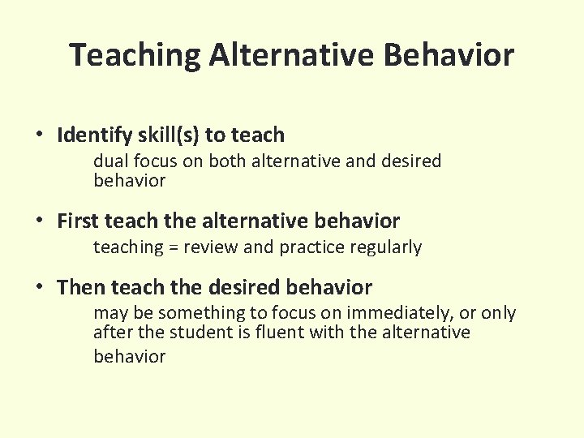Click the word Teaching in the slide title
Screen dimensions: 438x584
(135, 56)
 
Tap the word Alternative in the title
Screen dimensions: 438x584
(290, 56)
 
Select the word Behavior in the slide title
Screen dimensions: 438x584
(449, 56)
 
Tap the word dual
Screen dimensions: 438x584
(109, 161)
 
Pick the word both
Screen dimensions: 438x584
(226, 161)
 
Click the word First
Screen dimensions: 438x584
(78, 221)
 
